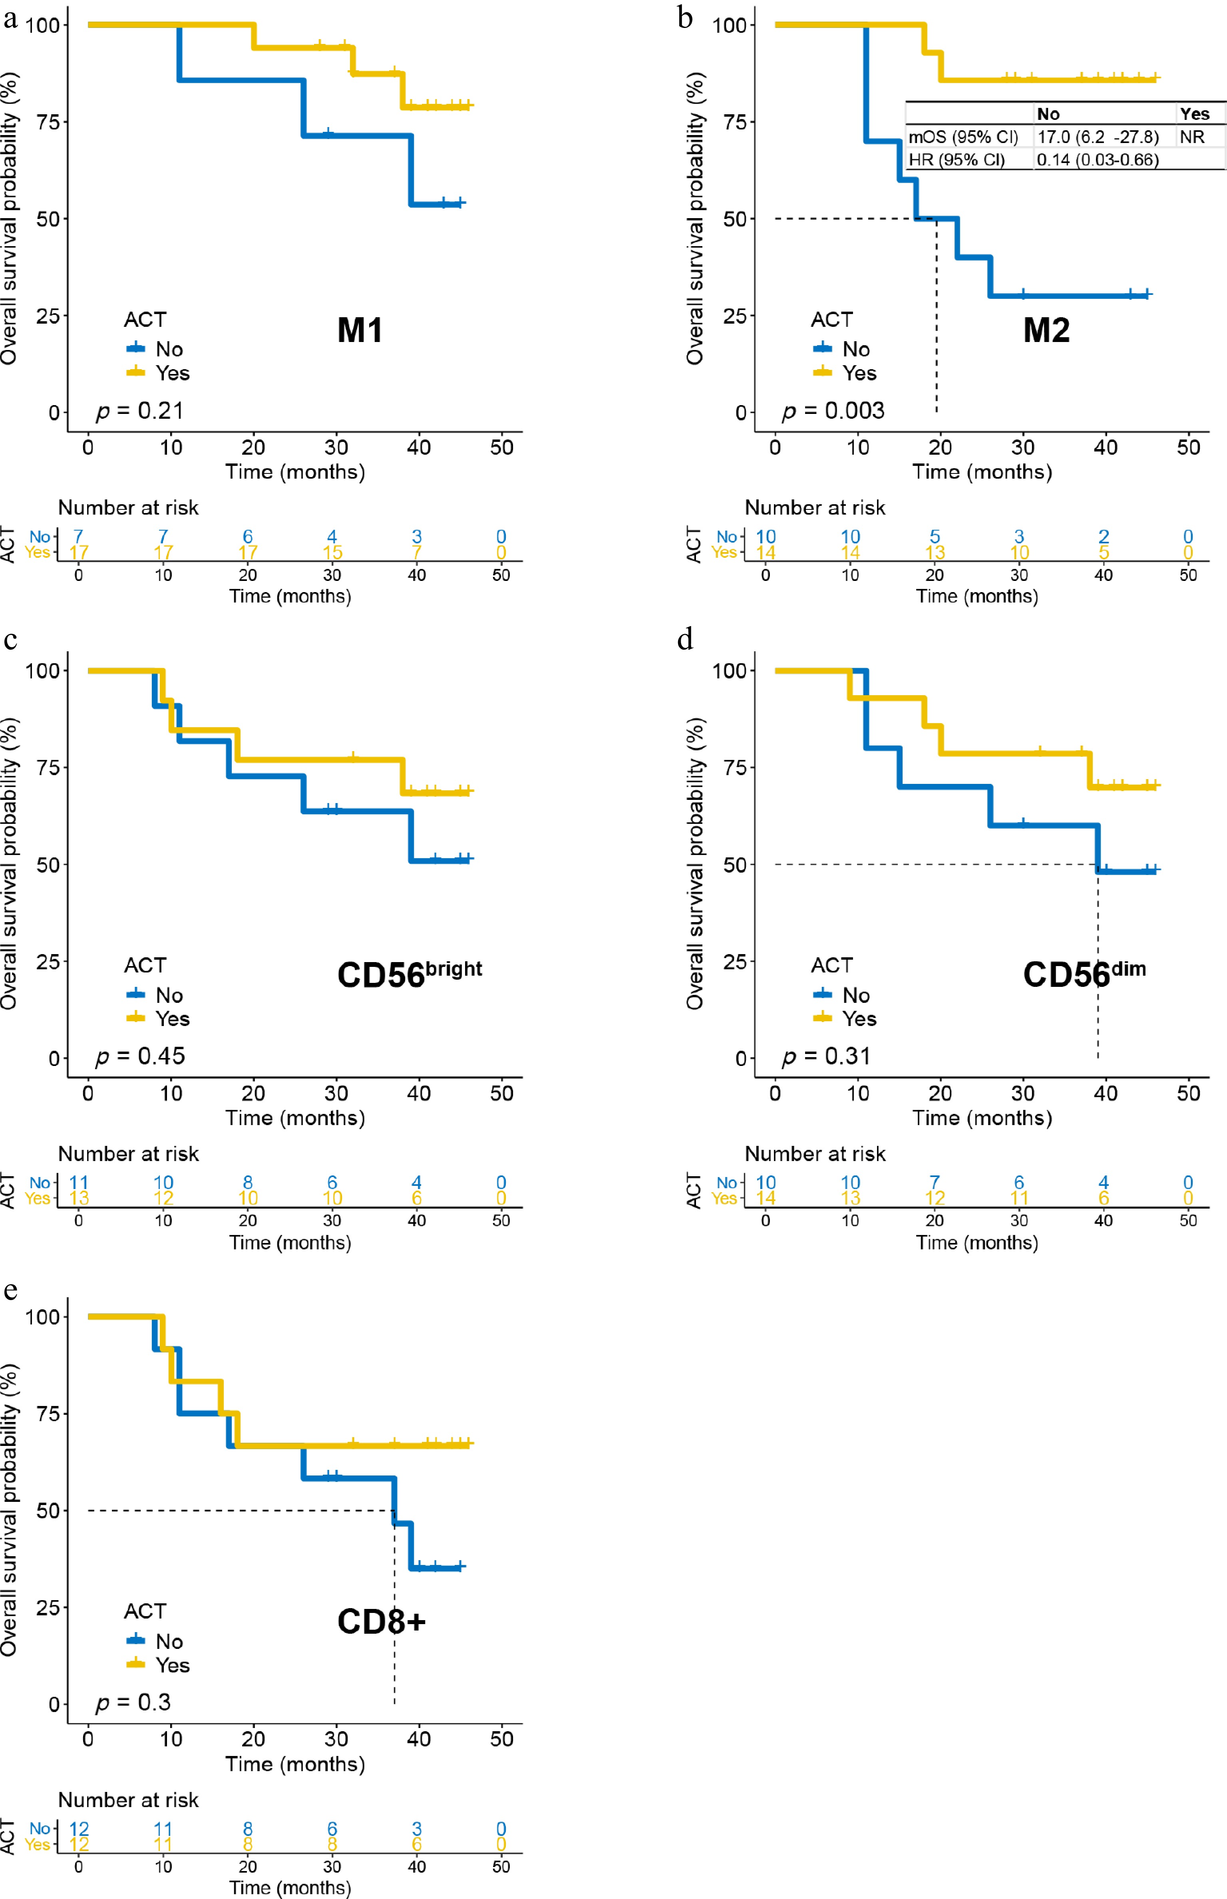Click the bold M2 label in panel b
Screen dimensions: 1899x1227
pos(1046,330)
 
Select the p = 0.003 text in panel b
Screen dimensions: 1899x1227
pos(833,411)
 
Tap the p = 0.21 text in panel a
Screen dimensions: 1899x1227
pos(140,411)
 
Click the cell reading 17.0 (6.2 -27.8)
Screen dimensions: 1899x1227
pos(1097,137)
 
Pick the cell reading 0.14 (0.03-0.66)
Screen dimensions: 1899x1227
pos(1097,159)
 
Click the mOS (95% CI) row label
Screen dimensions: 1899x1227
pos(963,137)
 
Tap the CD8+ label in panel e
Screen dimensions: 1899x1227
pos(382,1622)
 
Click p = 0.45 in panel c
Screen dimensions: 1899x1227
pos(140,1056)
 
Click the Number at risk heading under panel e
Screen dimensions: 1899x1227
pos(128,1800)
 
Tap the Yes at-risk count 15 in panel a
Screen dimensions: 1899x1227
pos(332,552)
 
